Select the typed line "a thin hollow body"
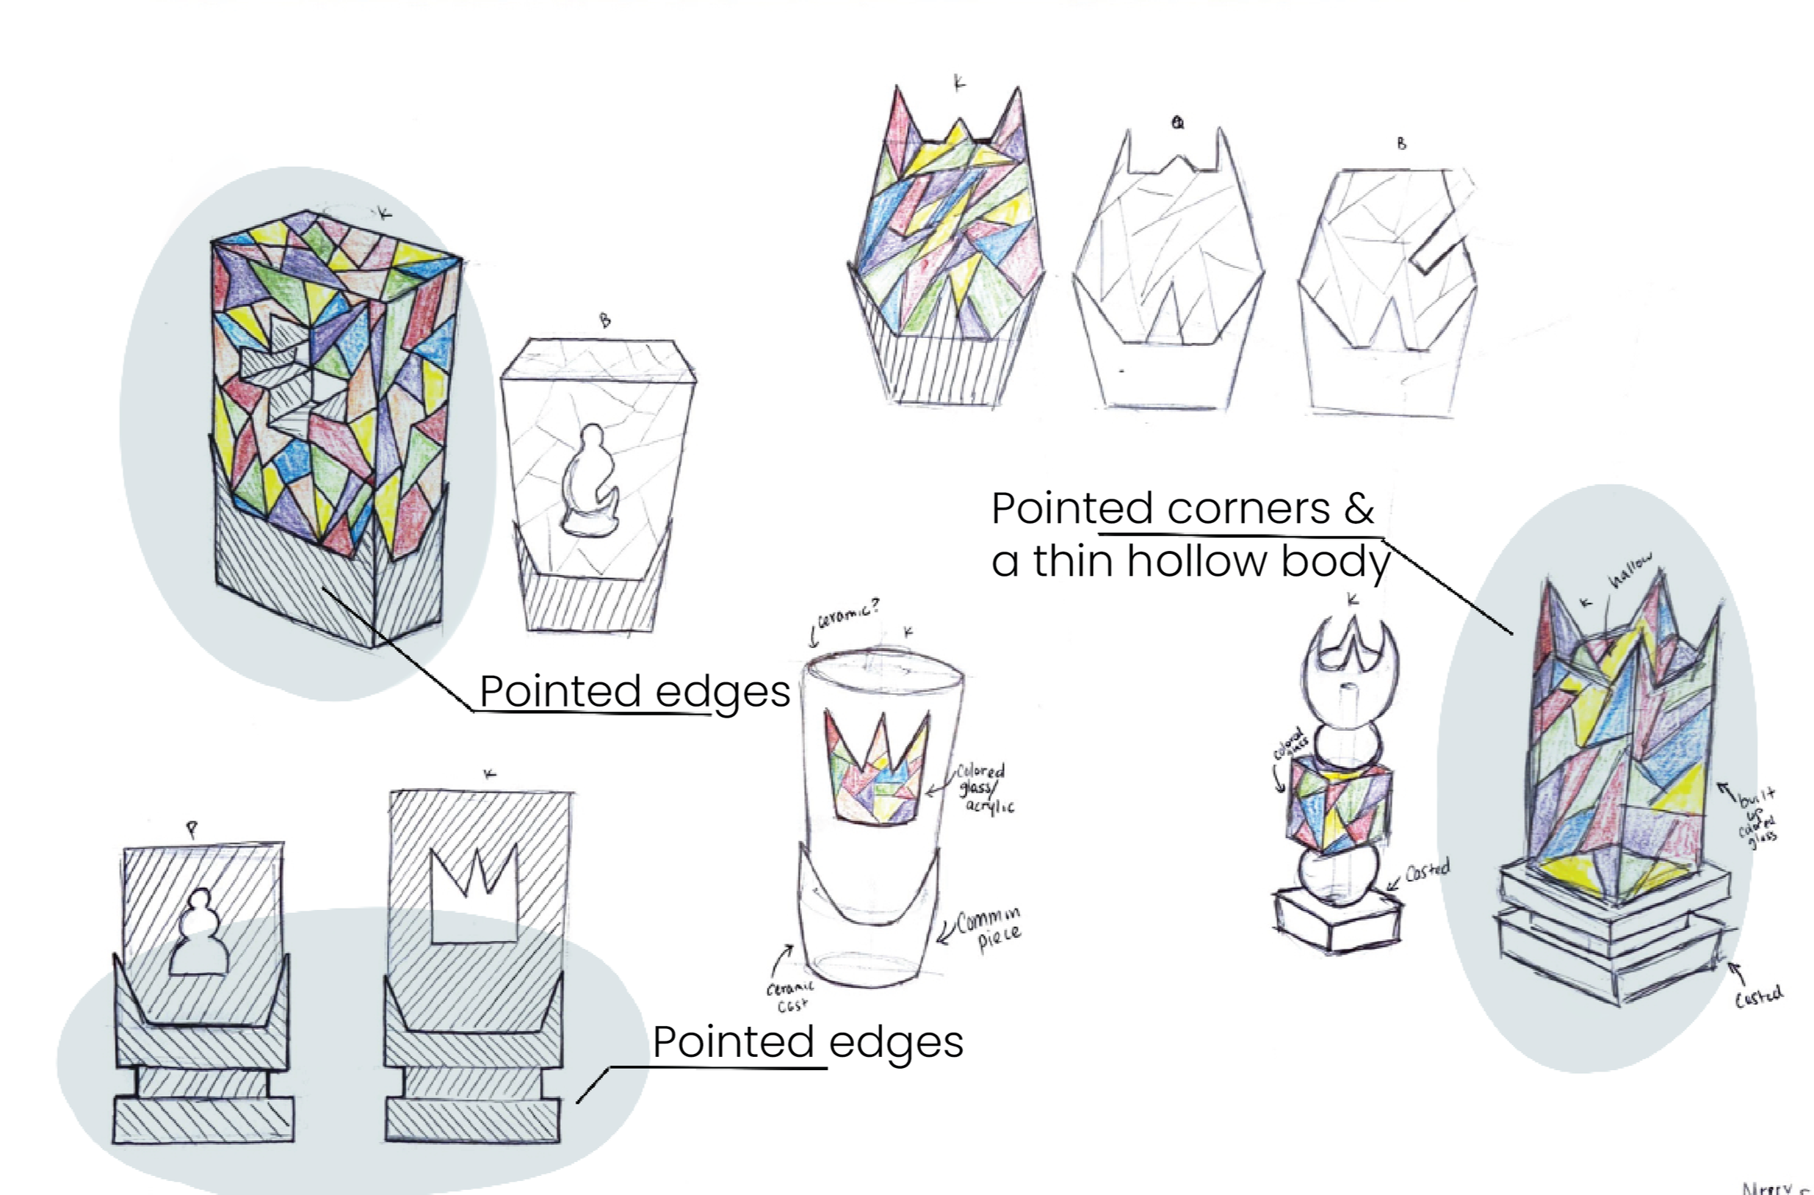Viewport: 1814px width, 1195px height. (x=1190, y=561)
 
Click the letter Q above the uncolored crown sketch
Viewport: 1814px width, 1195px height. (x=1178, y=123)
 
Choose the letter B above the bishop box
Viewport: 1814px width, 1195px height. (x=605, y=320)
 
